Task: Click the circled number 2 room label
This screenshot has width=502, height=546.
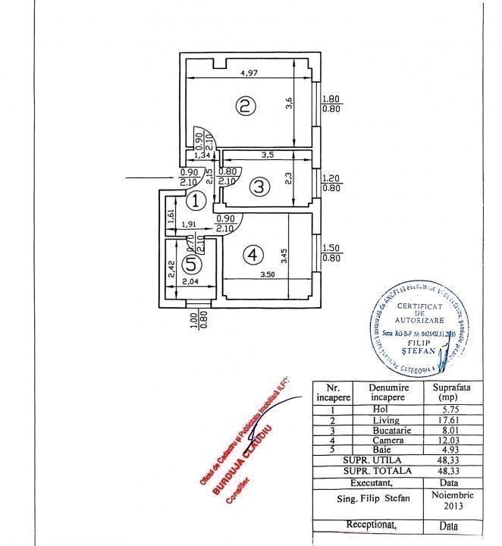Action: pyautogui.click(x=243, y=106)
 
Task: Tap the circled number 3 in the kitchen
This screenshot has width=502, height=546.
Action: pyautogui.click(x=259, y=186)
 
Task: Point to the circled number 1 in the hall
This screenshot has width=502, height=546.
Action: pyautogui.click(x=196, y=201)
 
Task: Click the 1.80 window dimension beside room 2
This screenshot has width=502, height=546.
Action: pyautogui.click(x=331, y=99)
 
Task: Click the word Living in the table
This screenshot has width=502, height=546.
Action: pyautogui.click(x=389, y=420)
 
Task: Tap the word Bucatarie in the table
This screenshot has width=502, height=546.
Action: pyautogui.click(x=390, y=430)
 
